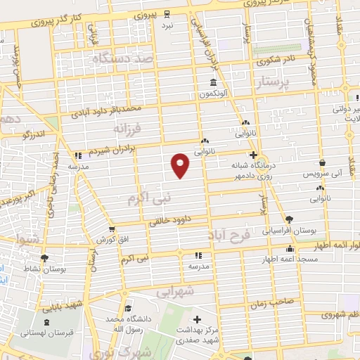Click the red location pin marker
pos(181,165)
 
